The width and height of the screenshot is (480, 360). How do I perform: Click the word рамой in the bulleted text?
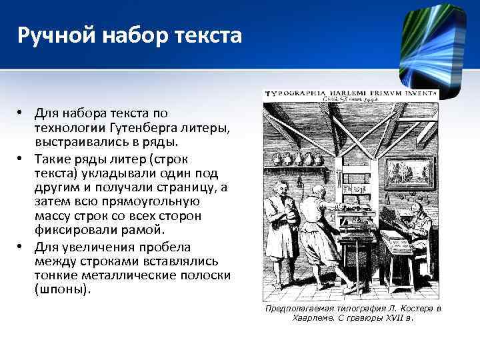coord(145,230)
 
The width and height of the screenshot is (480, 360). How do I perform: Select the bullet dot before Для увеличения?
coord(21,246)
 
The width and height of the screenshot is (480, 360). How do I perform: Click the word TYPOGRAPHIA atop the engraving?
coord(293,95)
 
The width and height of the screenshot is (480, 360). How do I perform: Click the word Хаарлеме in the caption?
coord(313,318)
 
